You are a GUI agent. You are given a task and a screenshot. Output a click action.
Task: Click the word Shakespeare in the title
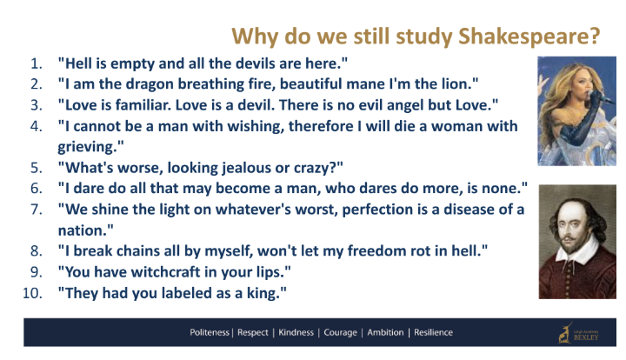pos(529,37)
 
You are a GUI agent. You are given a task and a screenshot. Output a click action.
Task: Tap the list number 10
pos(32,293)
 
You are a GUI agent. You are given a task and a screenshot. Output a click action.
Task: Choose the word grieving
pos(88,147)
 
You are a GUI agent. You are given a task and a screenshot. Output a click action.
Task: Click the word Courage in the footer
pos(340,332)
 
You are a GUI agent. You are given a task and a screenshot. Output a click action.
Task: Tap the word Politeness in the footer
pos(210,332)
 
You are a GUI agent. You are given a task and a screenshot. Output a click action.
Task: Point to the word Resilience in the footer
pos(433,332)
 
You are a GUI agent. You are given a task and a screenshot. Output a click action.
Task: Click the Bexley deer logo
pos(565,333)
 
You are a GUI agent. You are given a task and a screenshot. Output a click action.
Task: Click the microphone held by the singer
pos(600,97)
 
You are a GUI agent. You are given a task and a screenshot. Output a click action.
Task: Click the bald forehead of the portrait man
pos(570,209)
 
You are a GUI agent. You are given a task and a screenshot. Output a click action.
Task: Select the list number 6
pos(36,189)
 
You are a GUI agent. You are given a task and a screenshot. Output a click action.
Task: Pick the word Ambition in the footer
pos(385,332)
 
